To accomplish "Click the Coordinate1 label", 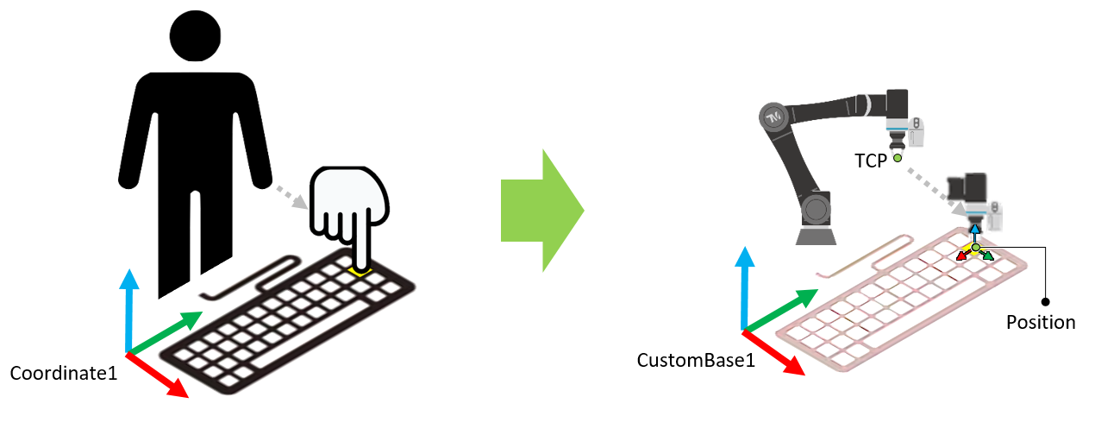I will pos(63,374).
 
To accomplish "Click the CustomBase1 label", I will pos(696,360).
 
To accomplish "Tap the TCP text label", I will pos(871,161).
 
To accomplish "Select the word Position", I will pos(1041,323).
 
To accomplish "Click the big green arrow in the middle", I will pos(541,211).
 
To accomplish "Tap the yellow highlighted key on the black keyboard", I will pos(360,272).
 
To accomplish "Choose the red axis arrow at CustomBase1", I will pos(774,354).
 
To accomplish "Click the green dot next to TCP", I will pos(897,159).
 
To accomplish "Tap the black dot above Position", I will pos(1045,302).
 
